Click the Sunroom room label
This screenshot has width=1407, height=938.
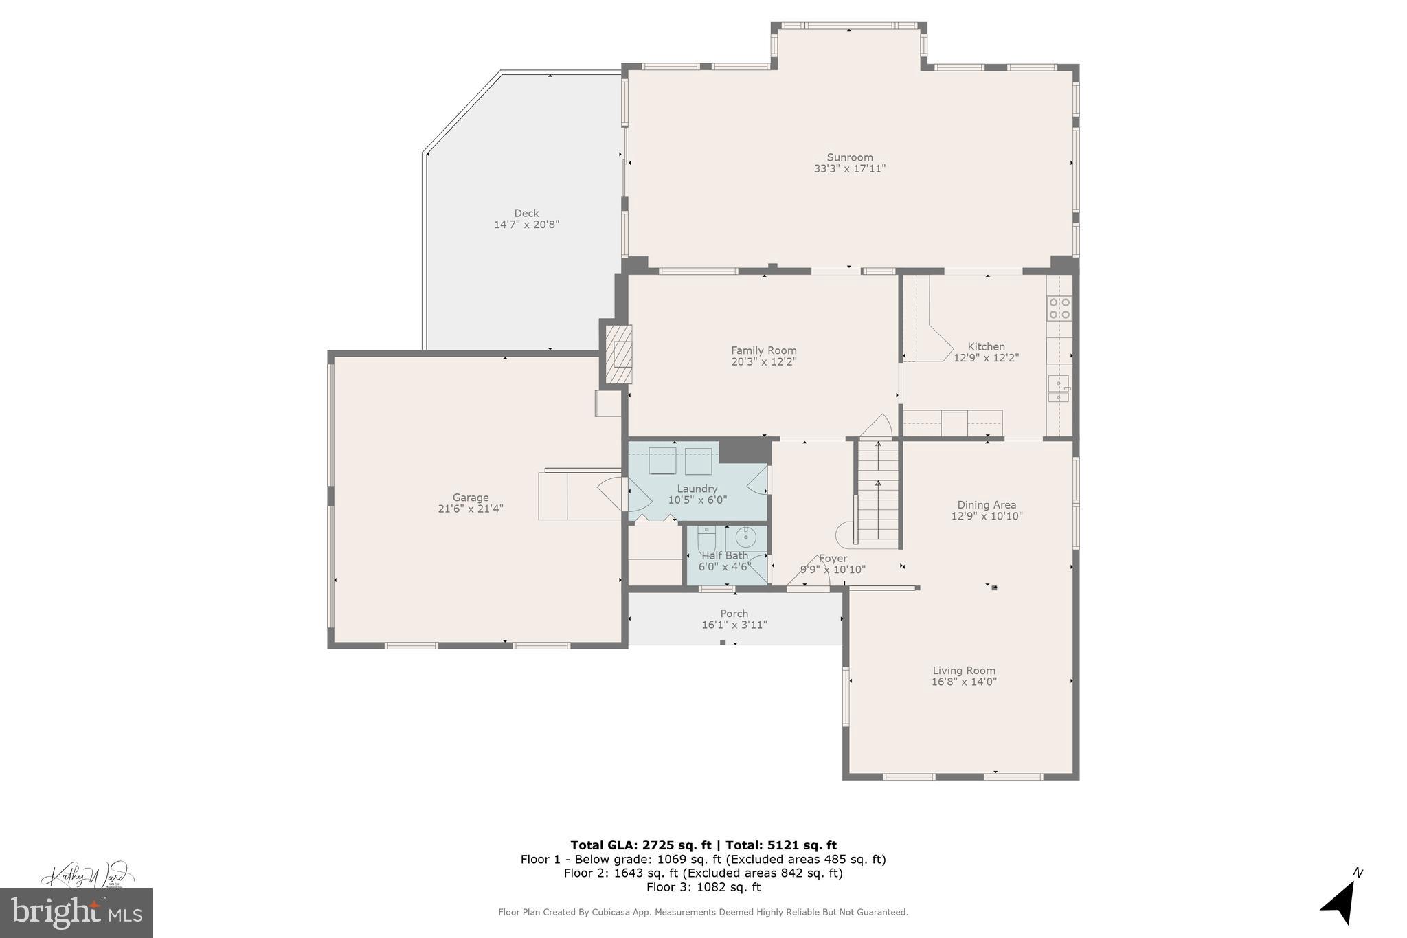tap(849, 157)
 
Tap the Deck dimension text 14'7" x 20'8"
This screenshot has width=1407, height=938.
tap(526, 225)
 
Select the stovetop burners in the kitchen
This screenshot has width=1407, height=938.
tap(1059, 309)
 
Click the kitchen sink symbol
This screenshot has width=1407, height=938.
tap(1058, 389)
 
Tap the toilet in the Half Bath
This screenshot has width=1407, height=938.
tap(707, 539)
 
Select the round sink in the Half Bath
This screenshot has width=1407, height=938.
tap(745, 535)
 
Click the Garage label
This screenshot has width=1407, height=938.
tap(471, 498)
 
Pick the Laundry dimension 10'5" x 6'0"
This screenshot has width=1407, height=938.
tap(697, 500)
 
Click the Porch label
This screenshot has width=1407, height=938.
tap(734, 614)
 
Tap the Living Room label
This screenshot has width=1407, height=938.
tap(963, 671)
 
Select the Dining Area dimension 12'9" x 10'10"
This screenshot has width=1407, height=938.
tap(987, 516)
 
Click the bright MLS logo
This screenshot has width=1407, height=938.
tap(76, 913)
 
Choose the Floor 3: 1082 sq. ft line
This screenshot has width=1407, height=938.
tap(703, 887)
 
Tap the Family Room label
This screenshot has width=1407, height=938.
tap(763, 350)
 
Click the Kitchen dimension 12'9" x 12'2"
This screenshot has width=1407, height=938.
tap(986, 358)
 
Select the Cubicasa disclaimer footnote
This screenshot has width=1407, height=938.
tap(703, 913)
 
